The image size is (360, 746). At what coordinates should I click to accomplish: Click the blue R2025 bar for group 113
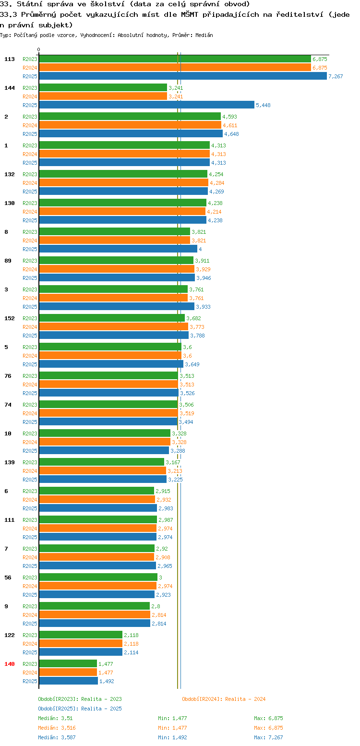183,76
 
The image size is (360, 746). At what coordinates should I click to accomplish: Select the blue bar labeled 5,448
146,105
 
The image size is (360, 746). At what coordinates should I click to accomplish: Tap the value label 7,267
336,76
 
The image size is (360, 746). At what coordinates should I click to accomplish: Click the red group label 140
10,664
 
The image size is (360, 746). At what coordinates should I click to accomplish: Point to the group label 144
10,88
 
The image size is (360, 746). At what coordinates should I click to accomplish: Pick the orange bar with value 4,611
130,125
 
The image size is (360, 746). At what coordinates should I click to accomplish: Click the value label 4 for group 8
200,249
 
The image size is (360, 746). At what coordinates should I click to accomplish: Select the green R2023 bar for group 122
81,635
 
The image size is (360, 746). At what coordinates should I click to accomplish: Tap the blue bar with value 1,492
69,681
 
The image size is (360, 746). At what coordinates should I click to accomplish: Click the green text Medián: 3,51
55,718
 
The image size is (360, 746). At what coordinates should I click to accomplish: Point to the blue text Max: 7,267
268,737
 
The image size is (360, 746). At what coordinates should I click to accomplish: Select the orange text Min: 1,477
172,728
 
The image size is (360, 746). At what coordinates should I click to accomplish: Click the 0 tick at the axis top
38,49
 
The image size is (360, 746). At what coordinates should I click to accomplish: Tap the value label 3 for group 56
160,578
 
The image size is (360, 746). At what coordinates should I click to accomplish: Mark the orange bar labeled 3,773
114,327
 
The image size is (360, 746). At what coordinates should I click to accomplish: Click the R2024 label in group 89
30,269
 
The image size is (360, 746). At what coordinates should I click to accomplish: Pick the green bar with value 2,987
98,520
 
